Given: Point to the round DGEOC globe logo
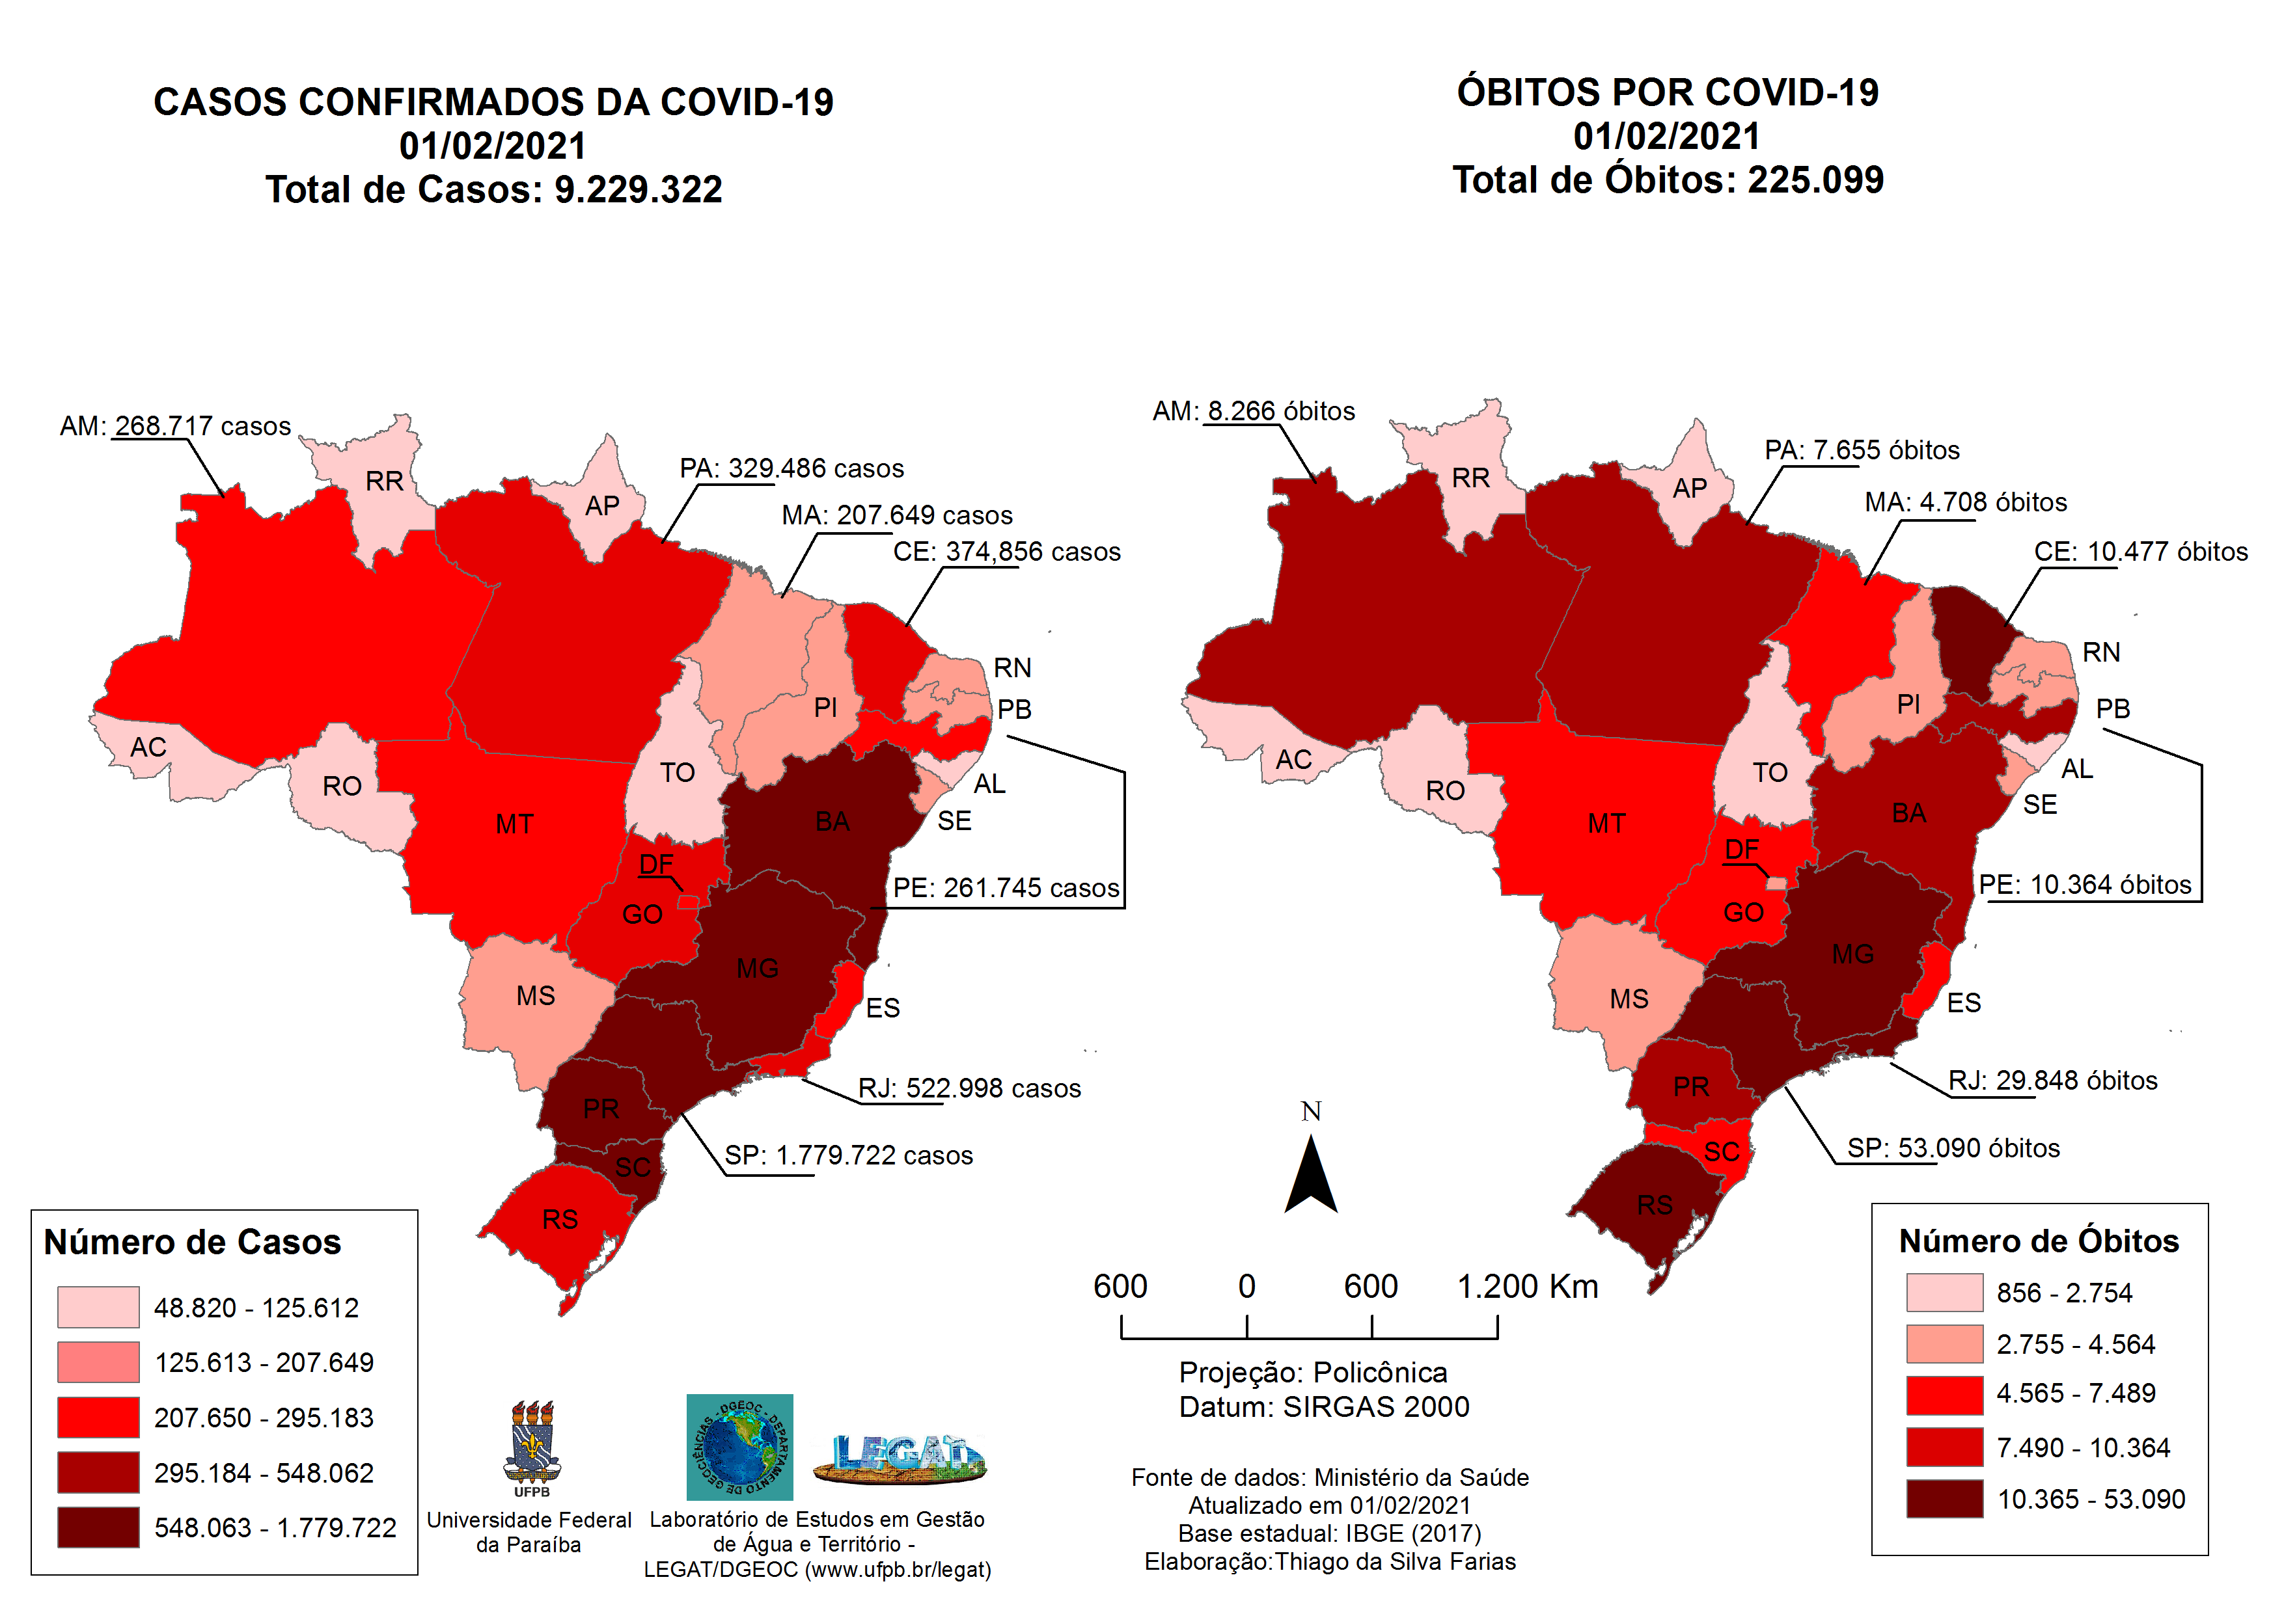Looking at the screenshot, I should (x=739, y=1447).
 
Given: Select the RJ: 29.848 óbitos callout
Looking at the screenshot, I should (x=2052, y=1081).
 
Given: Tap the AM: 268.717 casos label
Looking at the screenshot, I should (x=175, y=427).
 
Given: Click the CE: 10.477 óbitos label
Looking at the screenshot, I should (x=2140, y=552).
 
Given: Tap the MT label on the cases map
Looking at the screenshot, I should (x=514, y=824).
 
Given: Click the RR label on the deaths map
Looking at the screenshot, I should (x=1470, y=478).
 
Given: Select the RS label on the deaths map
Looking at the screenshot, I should (x=1655, y=1205).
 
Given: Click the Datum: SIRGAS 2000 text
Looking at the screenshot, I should (x=1323, y=1407).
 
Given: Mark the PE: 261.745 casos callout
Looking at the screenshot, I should (x=1005, y=888).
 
